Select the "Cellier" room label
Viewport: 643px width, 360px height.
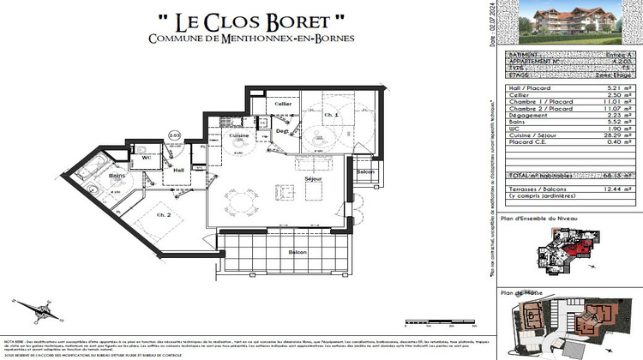pyautogui.click(x=283, y=104)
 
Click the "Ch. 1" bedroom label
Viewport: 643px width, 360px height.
pyautogui.click(x=331, y=114)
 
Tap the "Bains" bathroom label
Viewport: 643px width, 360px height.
pyautogui.click(x=117, y=177)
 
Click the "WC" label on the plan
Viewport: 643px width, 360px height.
pyautogui.click(x=147, y=157)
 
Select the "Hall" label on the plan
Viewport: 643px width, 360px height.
pyautogui.click(x=179, y=170)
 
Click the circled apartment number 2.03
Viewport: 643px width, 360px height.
pyautogui.click(x=174, y=135)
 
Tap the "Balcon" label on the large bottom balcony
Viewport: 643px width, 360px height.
pyautogui.click(x=297, y=252)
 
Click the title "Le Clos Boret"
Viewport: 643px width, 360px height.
pyautogui.click(x=238, y=19)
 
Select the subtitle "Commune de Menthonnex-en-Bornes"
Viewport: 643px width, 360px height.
pyautogui.click(x=238, y=39)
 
